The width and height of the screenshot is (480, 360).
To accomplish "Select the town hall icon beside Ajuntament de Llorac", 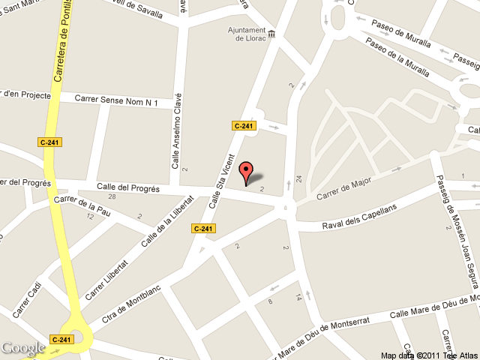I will point(271,32).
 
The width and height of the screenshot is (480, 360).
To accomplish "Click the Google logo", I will point(23,348).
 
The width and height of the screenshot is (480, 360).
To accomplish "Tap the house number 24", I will point(298,179).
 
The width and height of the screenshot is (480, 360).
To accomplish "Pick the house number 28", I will point(112,197).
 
